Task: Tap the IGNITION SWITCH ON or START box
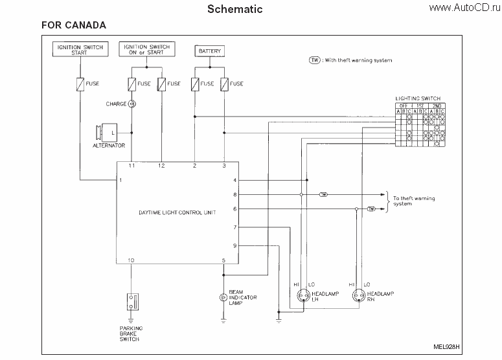point(146,49)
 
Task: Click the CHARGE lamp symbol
point(131,104)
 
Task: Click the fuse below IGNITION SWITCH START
point(80,84)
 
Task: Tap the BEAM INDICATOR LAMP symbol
point(223,297)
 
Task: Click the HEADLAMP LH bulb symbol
point(302,297)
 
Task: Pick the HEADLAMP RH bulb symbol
point(358,297)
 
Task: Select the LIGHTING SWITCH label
point(418,98)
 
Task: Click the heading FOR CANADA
point(74,25)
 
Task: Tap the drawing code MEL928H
point(446,346)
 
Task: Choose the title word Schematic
point(234,9)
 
